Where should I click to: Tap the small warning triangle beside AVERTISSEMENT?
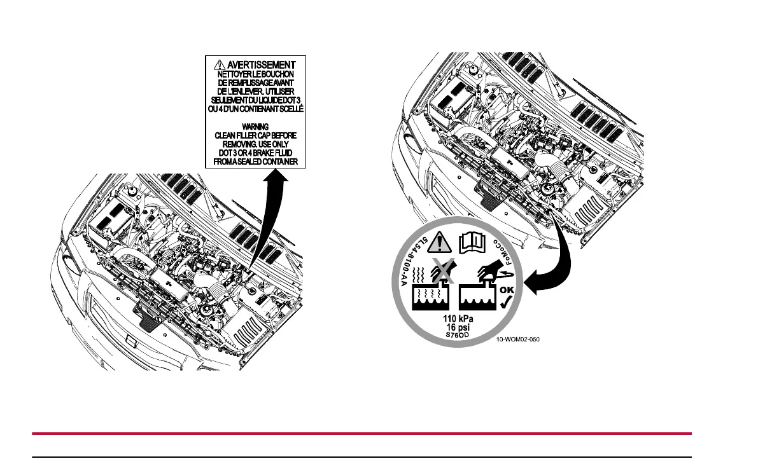click(220, 65)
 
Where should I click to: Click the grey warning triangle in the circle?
click(437, 243)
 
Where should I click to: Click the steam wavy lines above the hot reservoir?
click(421, 275)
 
